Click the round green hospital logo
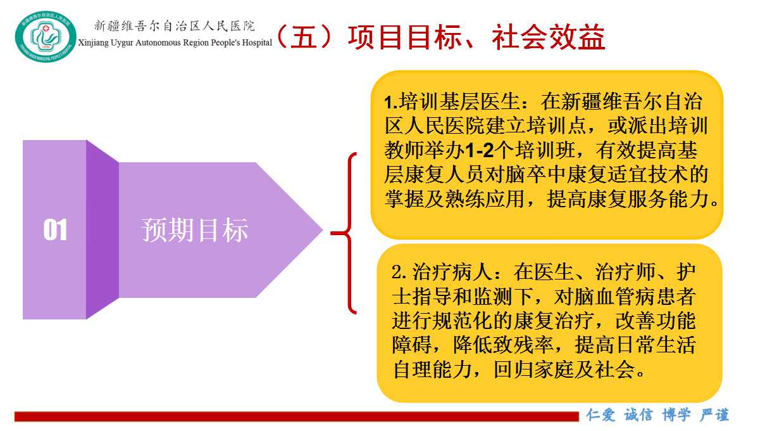(46, 36)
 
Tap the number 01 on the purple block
(55, 229)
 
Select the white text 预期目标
(195, 230)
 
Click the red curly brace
(345, 233)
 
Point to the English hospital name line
(175, 42)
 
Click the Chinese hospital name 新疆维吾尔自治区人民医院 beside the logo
(175, 25)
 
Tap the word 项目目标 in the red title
(405, 37)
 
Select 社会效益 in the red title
(549, 37)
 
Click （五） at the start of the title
(303, 37)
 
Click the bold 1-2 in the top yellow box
(479, 150)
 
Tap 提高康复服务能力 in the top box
(628, 199)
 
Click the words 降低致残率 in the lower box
(504, 345)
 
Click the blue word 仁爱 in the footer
(600, 415)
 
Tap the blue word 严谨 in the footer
(714, 415)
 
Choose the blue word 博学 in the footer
(676, 415)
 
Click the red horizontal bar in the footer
(297, 416)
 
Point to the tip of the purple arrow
(323, 230)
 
